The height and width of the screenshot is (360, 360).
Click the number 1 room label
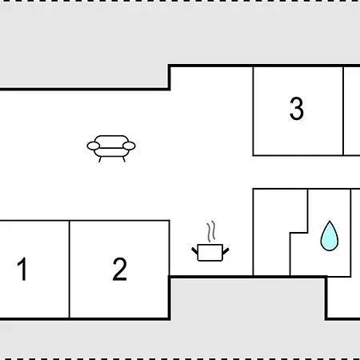point(22,269)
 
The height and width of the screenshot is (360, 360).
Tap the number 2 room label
point(119,269)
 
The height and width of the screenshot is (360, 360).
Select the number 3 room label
point(297,108)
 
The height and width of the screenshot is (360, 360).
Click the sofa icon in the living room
point(111,149)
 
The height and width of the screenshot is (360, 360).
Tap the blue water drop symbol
point(330,236)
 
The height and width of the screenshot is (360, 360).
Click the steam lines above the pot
point(211,231)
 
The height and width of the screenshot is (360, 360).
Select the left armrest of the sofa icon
point(94,146)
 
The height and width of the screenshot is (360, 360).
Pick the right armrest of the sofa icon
point(130,146)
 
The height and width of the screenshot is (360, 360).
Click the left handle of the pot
point(195,251)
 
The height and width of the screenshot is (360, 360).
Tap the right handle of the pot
point(226,251)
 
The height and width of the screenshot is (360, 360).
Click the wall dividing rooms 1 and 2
point(70,270)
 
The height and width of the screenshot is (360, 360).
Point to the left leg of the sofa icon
point(100,159)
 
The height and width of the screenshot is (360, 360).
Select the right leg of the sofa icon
point(123,159)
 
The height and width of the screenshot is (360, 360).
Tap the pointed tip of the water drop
point(330,221)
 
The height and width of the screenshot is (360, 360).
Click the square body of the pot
point(210,253)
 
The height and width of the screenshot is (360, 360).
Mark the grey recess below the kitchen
point(248,298)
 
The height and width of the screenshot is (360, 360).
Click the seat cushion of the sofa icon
point(111,152)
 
